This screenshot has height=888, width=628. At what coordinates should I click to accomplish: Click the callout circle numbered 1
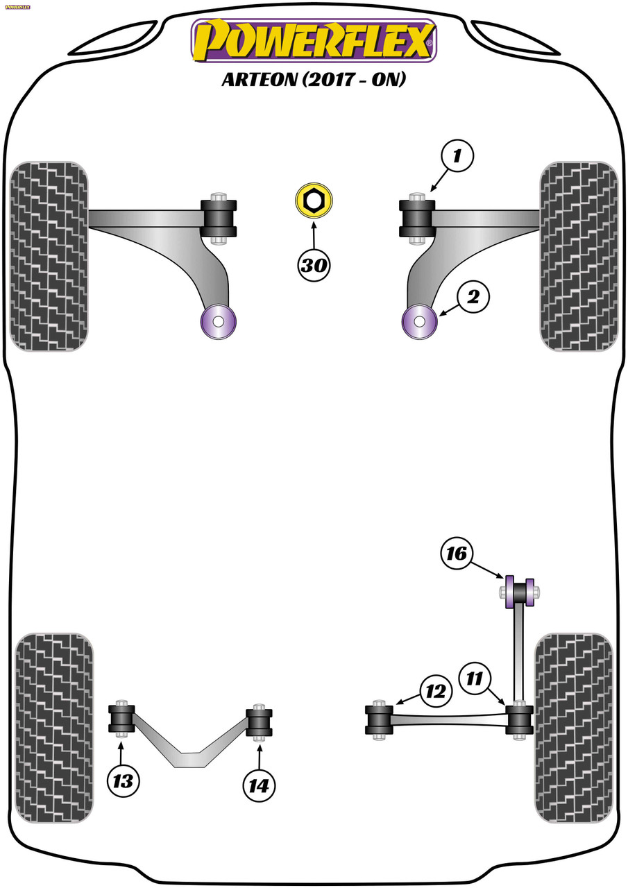457,155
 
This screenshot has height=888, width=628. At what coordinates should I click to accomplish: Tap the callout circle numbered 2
473,297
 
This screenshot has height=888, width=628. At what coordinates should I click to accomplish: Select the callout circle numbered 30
314,265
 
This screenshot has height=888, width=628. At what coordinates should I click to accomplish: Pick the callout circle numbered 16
457,554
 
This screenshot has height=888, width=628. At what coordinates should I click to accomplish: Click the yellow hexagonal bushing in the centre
314,200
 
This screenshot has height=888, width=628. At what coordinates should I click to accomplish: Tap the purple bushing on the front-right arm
419,321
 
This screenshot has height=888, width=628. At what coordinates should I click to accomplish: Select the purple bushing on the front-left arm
219,321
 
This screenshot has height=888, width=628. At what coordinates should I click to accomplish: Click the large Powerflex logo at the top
314,41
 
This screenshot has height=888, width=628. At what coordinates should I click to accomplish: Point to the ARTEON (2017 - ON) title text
314,79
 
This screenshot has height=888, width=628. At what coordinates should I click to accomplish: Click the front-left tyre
49,256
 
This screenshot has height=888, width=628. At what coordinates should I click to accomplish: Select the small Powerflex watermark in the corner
17,7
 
